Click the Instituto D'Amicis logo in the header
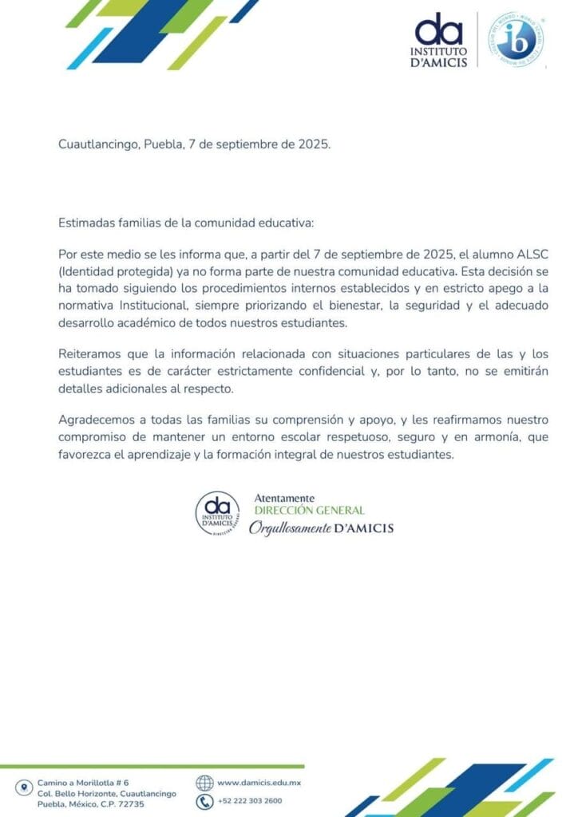(440, 40)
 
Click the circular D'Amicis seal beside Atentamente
(217, 513)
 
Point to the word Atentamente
(283, 499)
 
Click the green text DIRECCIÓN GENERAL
(309, 511)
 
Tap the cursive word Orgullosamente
(289, 528)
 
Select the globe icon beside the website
(204, 783)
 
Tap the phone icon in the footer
(204, 801)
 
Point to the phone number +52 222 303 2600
(249, 801)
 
